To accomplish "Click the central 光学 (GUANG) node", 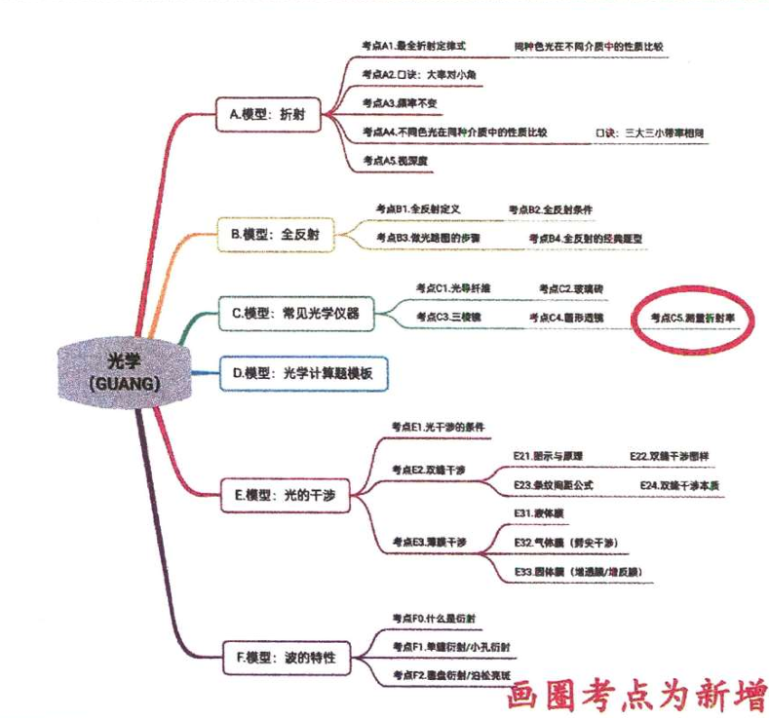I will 110,370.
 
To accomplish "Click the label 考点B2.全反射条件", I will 551,209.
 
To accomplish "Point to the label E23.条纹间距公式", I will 553,484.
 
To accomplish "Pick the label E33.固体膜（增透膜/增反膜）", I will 577,571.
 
